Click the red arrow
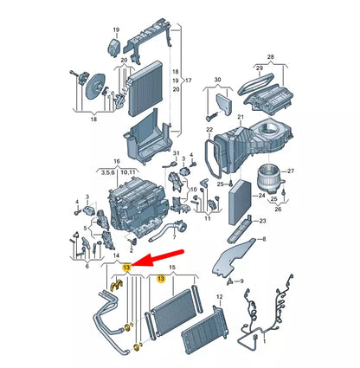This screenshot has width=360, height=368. point(157,257)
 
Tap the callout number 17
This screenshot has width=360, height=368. point(188,81)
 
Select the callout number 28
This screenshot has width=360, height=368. point(270,57)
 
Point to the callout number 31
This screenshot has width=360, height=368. point(176,153)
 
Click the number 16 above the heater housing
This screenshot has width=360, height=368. point(117,162)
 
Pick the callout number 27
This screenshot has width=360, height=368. point(291,171)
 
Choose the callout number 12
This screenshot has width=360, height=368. point(220,296)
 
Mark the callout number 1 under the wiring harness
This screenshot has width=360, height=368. point(264,342)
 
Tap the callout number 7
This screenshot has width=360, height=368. point(174,237)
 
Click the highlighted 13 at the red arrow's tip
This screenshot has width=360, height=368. point(127,268)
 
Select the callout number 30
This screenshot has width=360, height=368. point(218,80)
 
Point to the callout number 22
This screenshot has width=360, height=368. point(209,130)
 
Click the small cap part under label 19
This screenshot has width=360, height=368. point(114,46)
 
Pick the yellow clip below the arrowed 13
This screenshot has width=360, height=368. point(117,284)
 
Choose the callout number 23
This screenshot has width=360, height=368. point(262,221)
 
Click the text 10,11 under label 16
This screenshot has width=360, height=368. point(128,172)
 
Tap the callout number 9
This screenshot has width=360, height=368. point(241,281)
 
